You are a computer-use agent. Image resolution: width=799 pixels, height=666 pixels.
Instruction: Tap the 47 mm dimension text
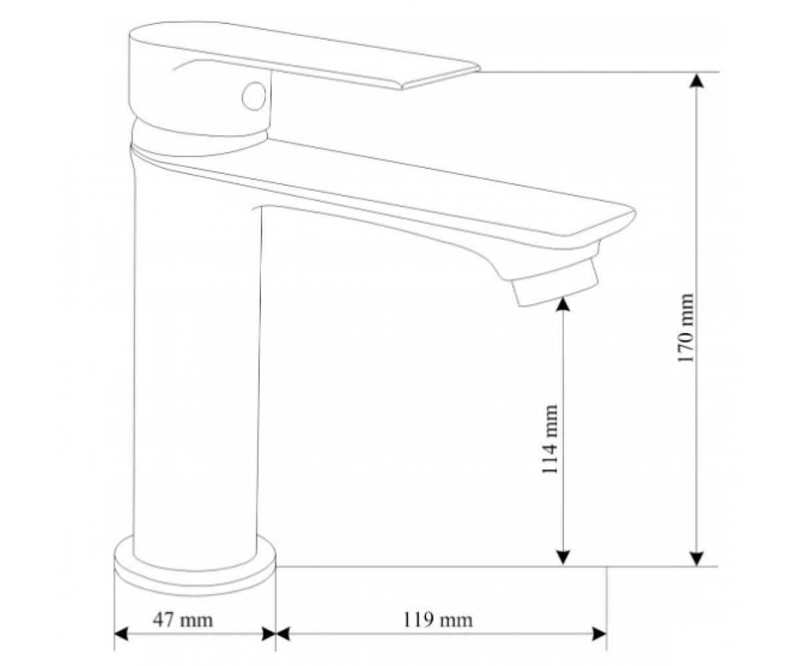182,619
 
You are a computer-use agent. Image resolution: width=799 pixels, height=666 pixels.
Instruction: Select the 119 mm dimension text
437,619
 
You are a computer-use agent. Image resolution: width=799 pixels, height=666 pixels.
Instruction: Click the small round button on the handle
254,97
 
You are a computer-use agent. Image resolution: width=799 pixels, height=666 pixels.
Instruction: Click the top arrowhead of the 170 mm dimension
696,80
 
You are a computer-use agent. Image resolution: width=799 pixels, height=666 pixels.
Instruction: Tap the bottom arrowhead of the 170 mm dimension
696,557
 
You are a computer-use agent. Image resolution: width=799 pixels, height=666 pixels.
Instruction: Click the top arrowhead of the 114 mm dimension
563,304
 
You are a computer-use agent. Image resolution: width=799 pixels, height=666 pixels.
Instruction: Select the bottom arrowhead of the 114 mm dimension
563,557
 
